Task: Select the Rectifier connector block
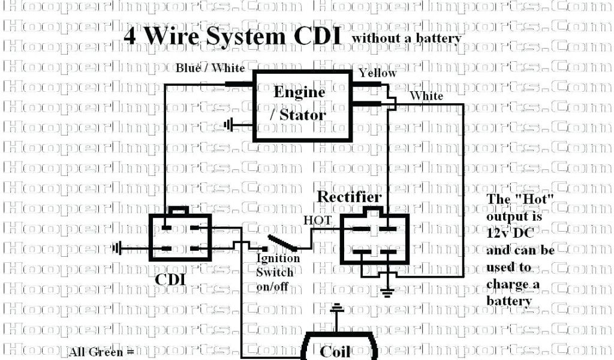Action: (371, 239)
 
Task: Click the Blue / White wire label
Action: (210, 68)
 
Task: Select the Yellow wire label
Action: (378, 73)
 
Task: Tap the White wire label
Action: (426, 96)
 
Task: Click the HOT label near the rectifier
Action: (317, 221)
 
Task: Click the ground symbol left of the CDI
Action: (117, 248)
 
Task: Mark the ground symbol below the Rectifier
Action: (389, 292)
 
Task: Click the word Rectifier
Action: (348, 197)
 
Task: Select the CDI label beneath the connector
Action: (171, 280)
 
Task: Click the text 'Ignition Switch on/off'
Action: (278, 272)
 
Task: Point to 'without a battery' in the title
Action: (407, 38)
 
